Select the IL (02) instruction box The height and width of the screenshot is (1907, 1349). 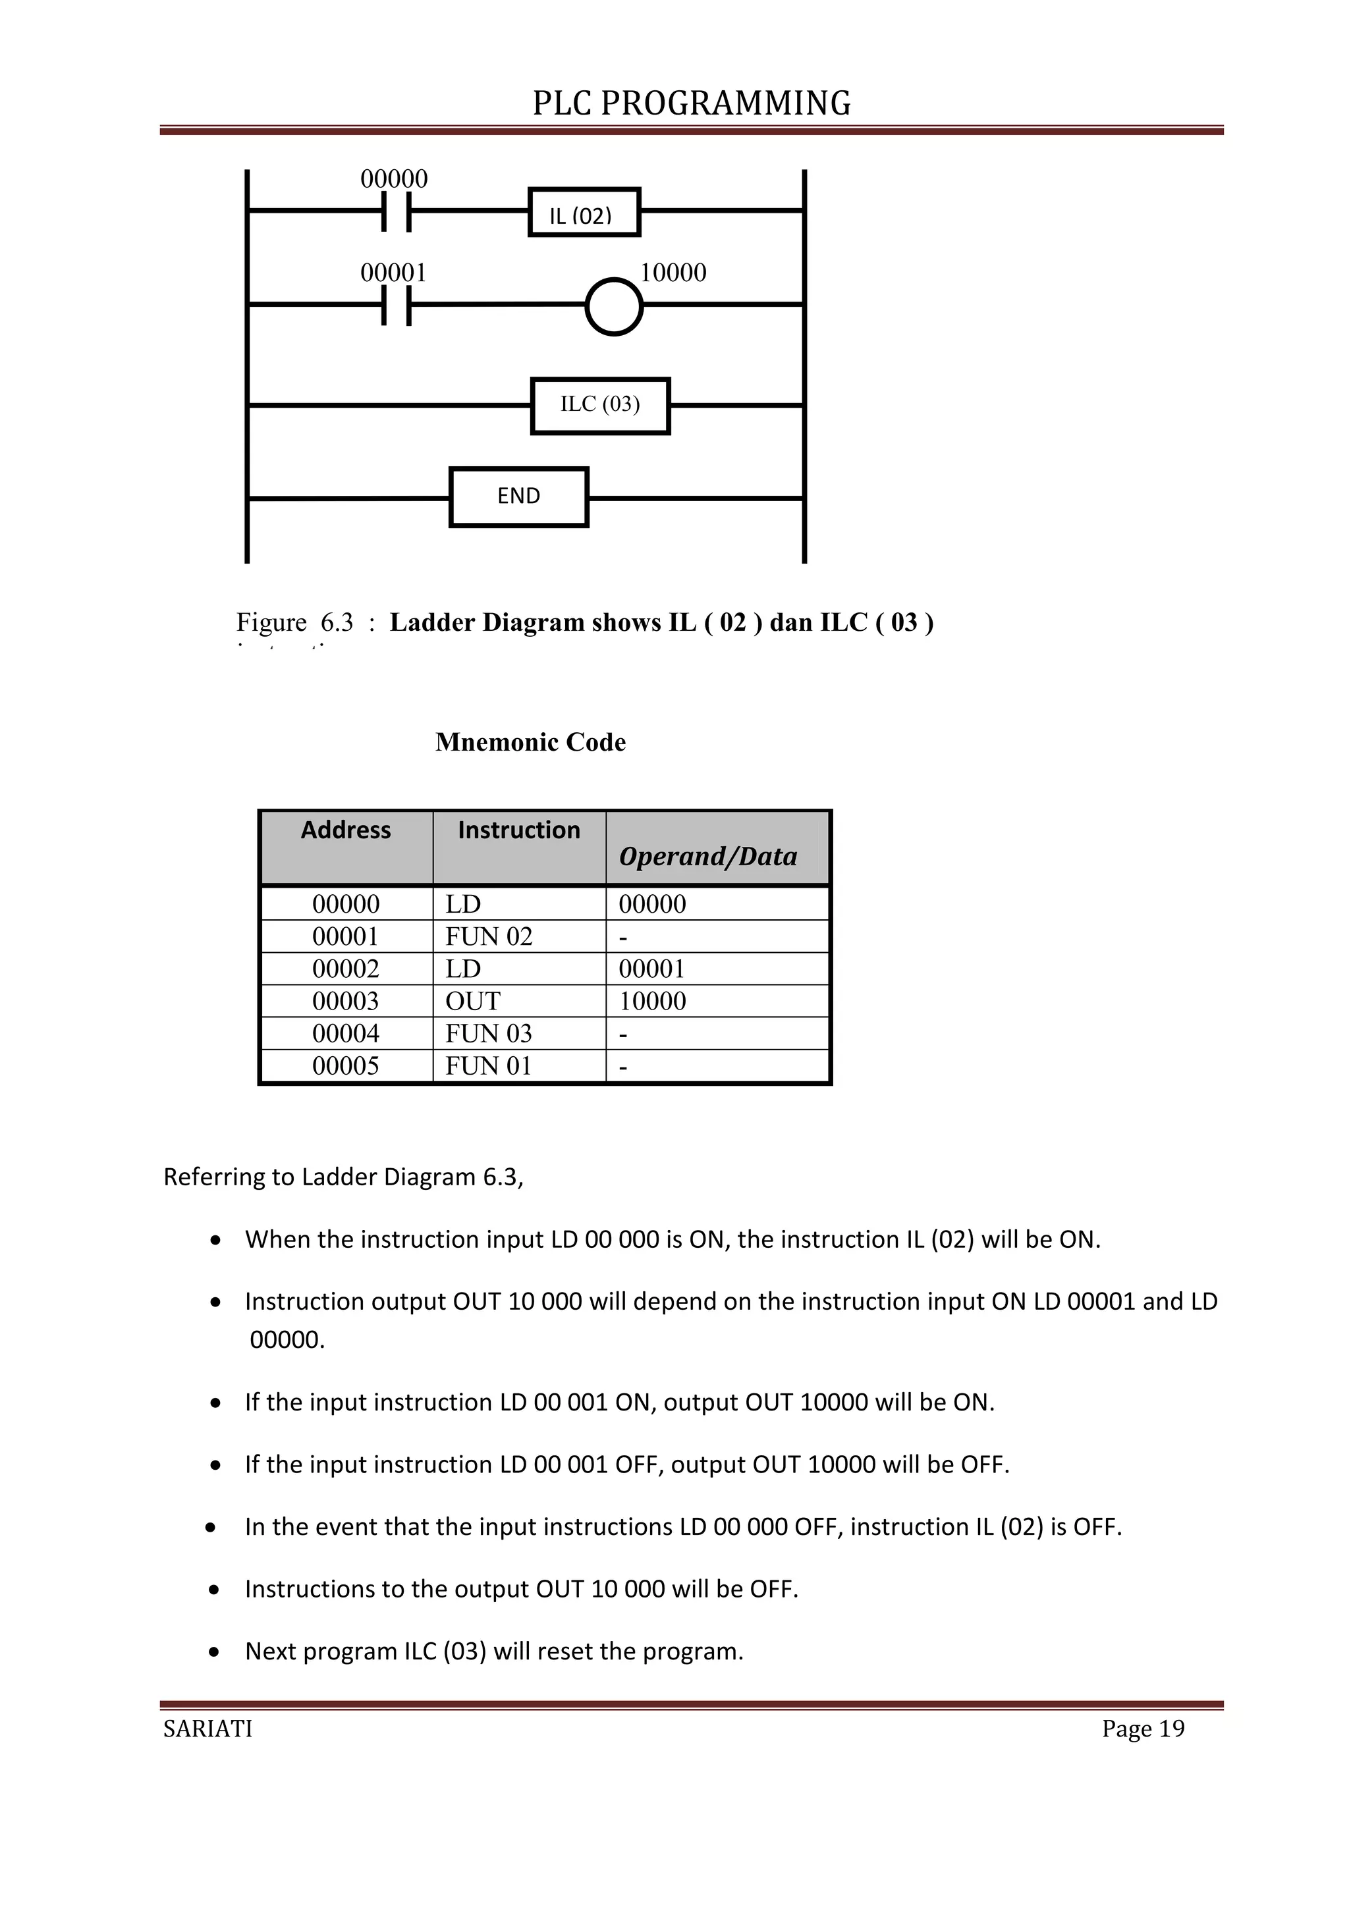coord(584,213)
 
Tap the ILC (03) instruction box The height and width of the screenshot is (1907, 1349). coord(600,406)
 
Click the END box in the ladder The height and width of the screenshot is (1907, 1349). coord(518,497)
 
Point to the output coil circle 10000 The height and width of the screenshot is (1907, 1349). coord(614,306)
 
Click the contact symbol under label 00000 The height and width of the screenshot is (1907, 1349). coord(397,212)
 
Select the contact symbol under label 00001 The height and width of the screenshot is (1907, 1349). coord(397,305)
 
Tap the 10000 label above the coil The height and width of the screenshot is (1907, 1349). coord(673,273)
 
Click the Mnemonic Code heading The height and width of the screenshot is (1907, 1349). coord(530,741)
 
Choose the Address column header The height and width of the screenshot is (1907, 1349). coord(346,830)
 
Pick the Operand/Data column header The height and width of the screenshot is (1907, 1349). coord(707,855)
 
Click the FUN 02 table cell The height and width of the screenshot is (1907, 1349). coord(489,936)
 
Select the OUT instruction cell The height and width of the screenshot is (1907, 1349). coord(473,1001)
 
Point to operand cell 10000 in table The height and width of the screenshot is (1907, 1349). coord(652,1001)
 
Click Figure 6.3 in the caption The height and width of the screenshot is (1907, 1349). coord(295,622)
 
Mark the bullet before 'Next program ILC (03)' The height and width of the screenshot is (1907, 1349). coord(215,1652)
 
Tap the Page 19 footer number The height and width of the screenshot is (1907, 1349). coord(1143,1729)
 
